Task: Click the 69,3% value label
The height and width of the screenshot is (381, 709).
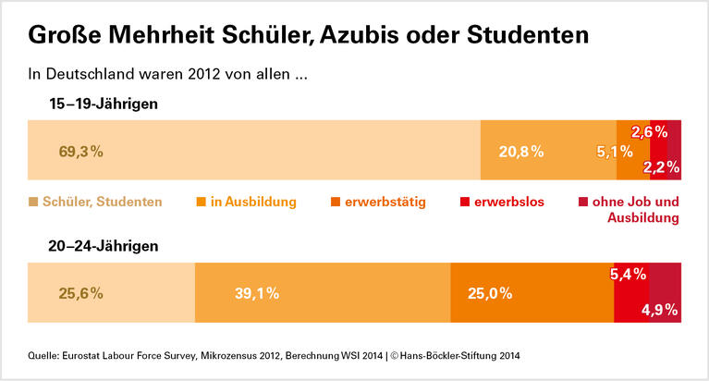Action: (79, 151)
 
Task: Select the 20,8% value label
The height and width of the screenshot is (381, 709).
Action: (521, 151)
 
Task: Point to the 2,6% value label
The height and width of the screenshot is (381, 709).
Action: (650, 131)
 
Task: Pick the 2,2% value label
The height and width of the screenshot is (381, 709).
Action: (662, 167)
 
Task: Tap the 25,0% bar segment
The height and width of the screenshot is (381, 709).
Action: (532, 293)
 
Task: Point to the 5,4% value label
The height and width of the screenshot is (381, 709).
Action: (630, 275)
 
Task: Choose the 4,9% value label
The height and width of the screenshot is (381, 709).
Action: (660, 310)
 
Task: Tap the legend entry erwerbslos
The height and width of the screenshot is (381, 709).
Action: (509, 202)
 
